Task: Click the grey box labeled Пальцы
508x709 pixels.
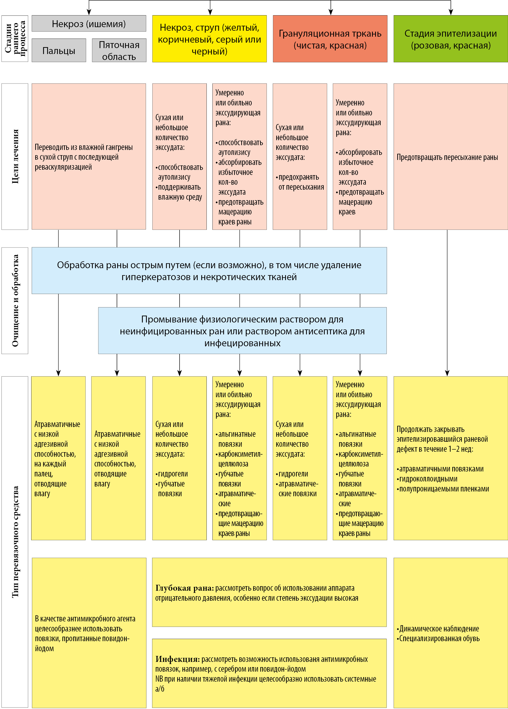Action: click(x=59, y=50)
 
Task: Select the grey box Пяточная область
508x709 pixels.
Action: click(x=119, y=50)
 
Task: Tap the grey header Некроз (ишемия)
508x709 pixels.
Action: click(x=89, y=24)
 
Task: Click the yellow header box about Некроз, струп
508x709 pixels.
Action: click(x=209, y=39)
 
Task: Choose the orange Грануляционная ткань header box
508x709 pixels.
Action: click(x=330, y=39)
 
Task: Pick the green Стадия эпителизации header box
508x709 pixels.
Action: click(x=450, y=39)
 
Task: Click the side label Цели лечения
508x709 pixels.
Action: click(x=15, y=156)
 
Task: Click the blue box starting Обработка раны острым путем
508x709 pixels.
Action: click(x=209, y=271)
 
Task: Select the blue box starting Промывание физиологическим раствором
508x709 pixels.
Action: click(x=242, y=331)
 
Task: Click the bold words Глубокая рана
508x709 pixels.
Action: click(x=185, y=588)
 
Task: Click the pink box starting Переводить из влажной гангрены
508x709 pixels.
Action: click(x=84, y=157)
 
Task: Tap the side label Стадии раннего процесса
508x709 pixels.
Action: click(x=15, y=39)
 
